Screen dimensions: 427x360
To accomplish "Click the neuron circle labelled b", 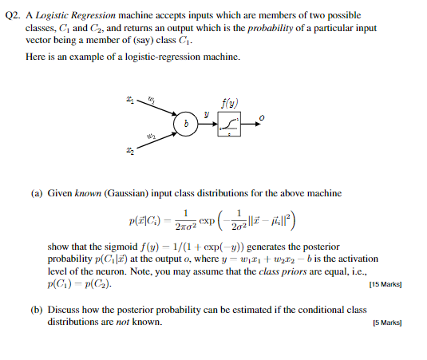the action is [x=186, y=124].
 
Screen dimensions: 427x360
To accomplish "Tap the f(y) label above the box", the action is [x=230, y=101].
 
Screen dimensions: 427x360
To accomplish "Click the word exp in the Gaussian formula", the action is [x=205, y=220].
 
